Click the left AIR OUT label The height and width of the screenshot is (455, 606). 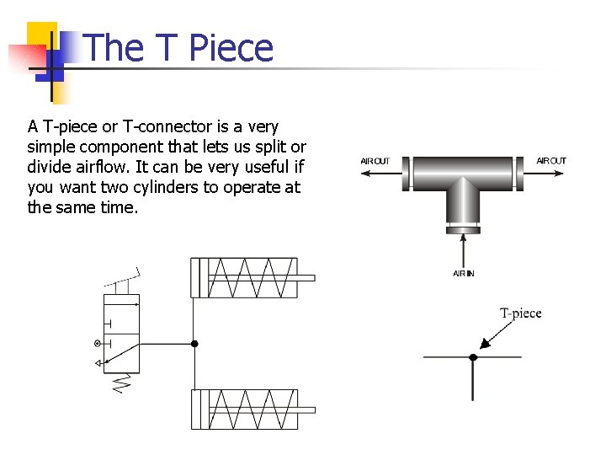coord(375,161)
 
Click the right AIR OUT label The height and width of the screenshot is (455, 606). coord(551,161)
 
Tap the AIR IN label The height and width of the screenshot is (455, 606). coord(463,274)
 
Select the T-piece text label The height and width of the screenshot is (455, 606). coord(521,313)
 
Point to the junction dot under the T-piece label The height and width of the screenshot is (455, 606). coord(473,357)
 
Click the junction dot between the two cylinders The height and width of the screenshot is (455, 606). coord(194,344)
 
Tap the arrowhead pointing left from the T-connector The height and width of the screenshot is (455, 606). coord(366,174)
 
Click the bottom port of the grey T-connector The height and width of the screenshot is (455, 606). coord(463,227)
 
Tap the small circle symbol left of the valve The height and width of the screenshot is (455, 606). coord(98,343)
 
